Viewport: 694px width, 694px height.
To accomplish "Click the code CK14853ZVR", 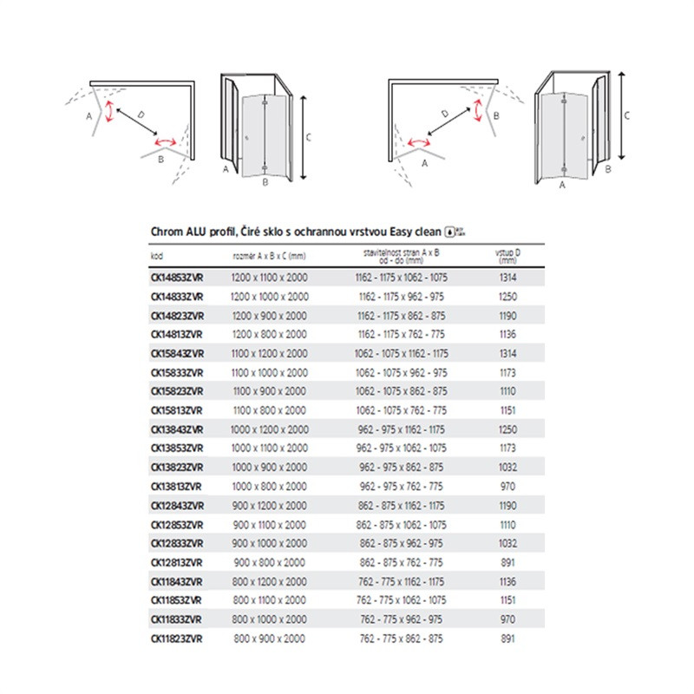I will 176,276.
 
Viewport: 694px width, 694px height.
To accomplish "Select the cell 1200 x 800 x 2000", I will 269,333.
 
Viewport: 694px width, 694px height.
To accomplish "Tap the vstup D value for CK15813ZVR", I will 508,409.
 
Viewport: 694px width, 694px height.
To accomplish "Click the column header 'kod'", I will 157,256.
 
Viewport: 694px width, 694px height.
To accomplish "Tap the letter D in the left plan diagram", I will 141,114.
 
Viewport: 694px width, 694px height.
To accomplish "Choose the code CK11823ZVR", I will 176,638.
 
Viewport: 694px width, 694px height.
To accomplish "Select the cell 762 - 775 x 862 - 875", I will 402,638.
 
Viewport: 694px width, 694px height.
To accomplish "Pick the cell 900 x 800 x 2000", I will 269,562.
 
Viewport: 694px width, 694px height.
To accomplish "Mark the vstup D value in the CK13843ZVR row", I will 508,429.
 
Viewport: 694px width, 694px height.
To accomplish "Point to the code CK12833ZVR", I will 176,543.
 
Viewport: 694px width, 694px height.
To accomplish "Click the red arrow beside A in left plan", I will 110,114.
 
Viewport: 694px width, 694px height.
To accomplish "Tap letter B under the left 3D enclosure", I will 265,183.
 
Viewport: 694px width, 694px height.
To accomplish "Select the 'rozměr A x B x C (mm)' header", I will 269,256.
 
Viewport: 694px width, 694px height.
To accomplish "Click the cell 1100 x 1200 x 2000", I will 269,352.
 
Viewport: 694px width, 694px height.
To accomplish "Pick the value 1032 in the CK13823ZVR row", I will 508,467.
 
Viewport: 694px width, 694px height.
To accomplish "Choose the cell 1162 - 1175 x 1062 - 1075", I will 402,276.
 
